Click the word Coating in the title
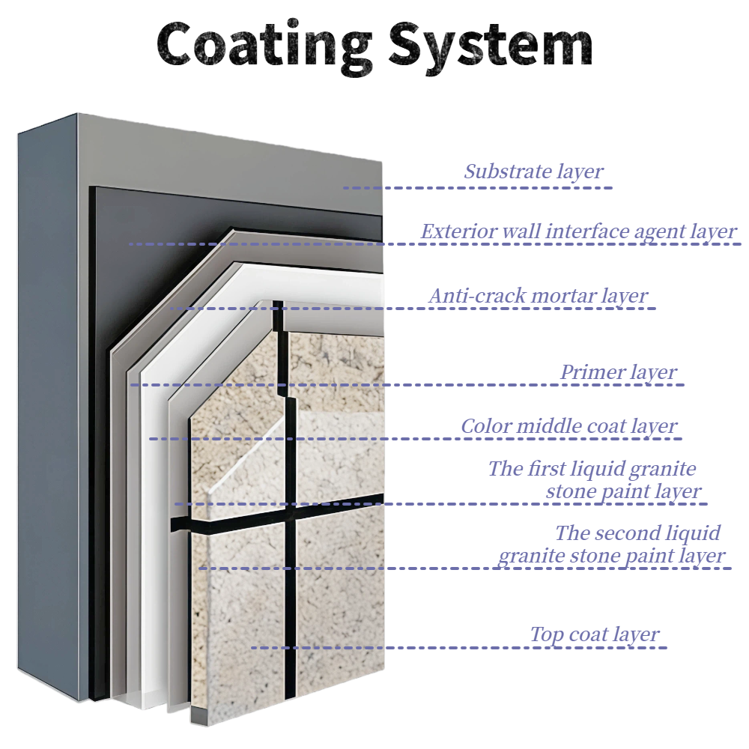[264, 43]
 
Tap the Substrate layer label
[533, 172]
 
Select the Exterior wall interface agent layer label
[578, 231]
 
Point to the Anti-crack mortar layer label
[538, 296]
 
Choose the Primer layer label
[619, 372]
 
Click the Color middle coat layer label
[568, 427]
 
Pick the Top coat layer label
[595, 635]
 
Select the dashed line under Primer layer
[408, 385]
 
